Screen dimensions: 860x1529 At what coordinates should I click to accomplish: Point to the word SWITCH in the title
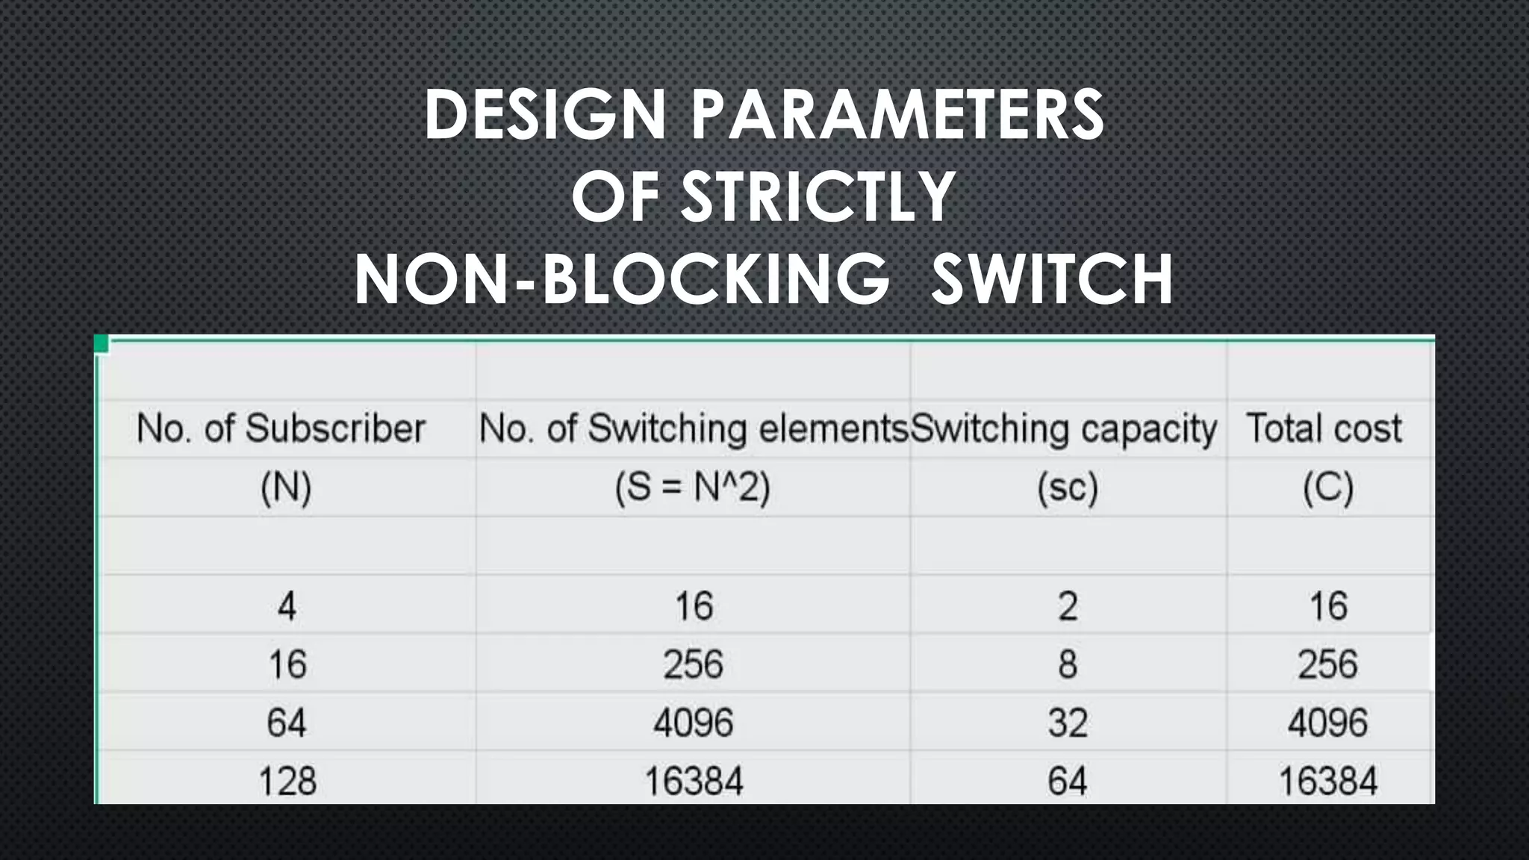1052,279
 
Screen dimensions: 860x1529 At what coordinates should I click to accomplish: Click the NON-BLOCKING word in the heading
622,279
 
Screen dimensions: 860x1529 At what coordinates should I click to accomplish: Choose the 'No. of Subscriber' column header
281,429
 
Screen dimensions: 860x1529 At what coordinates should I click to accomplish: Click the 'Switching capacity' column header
1065,429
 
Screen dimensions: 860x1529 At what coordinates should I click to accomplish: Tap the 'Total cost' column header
1324,429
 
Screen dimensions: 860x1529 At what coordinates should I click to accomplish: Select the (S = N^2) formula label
692,488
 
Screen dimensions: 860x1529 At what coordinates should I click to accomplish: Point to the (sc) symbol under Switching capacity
1068,488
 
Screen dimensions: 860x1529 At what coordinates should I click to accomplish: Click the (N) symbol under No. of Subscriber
286,488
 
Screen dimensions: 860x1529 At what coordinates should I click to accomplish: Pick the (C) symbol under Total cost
1328,488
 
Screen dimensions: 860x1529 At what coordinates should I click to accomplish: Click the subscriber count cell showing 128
287,782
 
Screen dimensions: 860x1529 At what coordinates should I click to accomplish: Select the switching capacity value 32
1068,723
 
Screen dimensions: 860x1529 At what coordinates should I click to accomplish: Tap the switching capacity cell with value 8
1068,664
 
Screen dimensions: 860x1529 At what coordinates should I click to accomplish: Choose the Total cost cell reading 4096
1327,723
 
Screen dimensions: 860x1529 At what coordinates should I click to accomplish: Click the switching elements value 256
693,664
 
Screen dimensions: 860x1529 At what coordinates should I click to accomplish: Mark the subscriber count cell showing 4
287,605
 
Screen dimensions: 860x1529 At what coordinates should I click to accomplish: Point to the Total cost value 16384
1327,782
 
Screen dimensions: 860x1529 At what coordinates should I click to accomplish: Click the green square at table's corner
102,343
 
